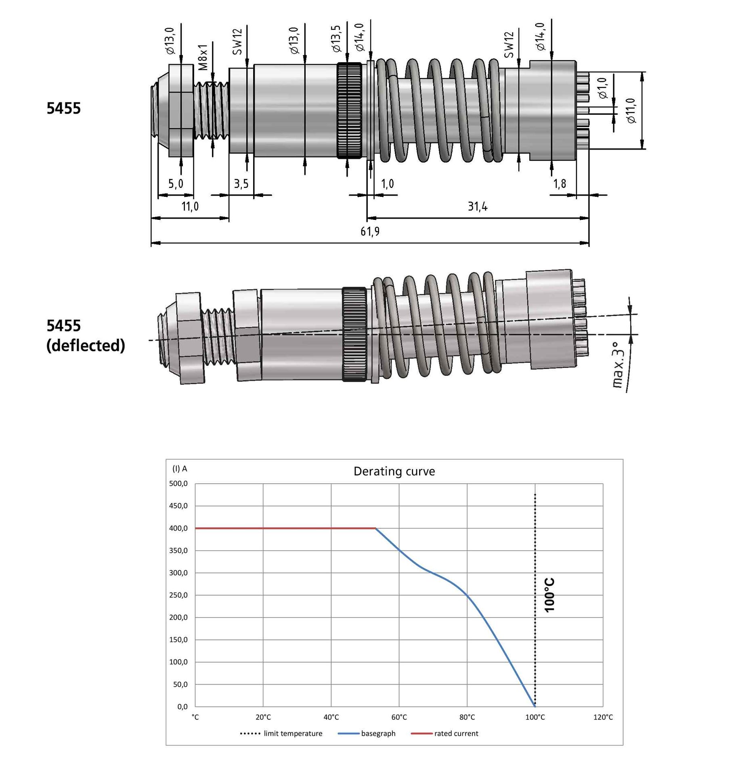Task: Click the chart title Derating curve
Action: pos(394,472)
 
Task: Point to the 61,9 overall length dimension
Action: pos(370,232)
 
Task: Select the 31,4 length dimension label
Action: pos(478,207)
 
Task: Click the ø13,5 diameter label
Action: pos(336,39)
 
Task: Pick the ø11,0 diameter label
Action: pos(631,110)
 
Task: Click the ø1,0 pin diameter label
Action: pos(602,88)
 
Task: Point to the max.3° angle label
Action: pos(618,365)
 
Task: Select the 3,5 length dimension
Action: pos(241,184)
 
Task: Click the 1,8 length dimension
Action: pos(559,184)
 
